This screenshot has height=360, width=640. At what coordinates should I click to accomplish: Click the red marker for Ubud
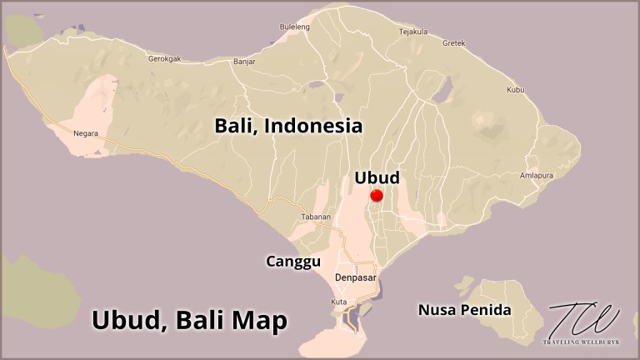376,196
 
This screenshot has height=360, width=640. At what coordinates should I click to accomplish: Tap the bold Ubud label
377,177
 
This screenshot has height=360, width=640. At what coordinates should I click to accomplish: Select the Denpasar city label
357,277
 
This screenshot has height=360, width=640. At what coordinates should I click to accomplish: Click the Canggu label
293,262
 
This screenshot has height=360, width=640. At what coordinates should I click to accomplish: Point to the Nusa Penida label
464,311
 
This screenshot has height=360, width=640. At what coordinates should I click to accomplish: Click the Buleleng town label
295,27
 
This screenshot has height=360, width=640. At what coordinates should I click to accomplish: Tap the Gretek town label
453,42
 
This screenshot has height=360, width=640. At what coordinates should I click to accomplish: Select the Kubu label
515,89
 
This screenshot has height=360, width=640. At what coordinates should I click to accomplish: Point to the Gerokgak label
165,59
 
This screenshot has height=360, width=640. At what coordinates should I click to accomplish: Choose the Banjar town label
244,62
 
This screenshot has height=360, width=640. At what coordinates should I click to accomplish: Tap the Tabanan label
316,217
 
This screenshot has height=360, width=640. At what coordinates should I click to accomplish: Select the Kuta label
338,301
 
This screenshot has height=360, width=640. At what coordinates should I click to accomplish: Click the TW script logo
583,319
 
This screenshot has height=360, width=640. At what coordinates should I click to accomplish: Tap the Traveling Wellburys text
583,343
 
